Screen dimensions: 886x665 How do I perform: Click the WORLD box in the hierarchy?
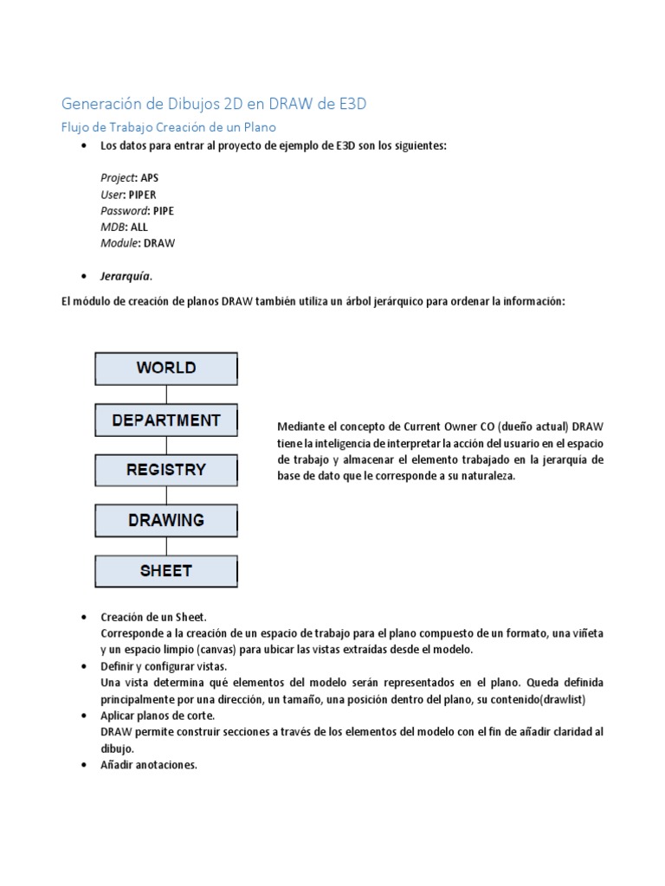tap(165, 368)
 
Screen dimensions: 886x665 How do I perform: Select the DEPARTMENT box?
tap(165, 421)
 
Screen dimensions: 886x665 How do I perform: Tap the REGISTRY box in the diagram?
tap(165, 470)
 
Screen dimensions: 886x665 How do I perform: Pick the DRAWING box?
tap(165, 521)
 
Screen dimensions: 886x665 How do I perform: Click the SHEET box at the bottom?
tap(165, 571)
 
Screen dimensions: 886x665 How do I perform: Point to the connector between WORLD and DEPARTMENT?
tap(165, 395)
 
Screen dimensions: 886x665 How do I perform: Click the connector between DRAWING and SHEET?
tap(165, 546)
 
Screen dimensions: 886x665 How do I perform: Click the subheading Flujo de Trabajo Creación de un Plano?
tap(168, 127)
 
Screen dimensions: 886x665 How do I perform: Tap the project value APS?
tap(150, 177)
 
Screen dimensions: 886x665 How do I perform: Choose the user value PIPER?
tap(143, 194)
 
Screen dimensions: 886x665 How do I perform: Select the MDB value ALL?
tap(139, 227)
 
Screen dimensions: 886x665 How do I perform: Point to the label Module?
tap(119, 243)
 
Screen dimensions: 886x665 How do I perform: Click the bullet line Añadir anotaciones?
tap(149, 765)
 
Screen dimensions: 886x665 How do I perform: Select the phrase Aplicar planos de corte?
tap(157, 716)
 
